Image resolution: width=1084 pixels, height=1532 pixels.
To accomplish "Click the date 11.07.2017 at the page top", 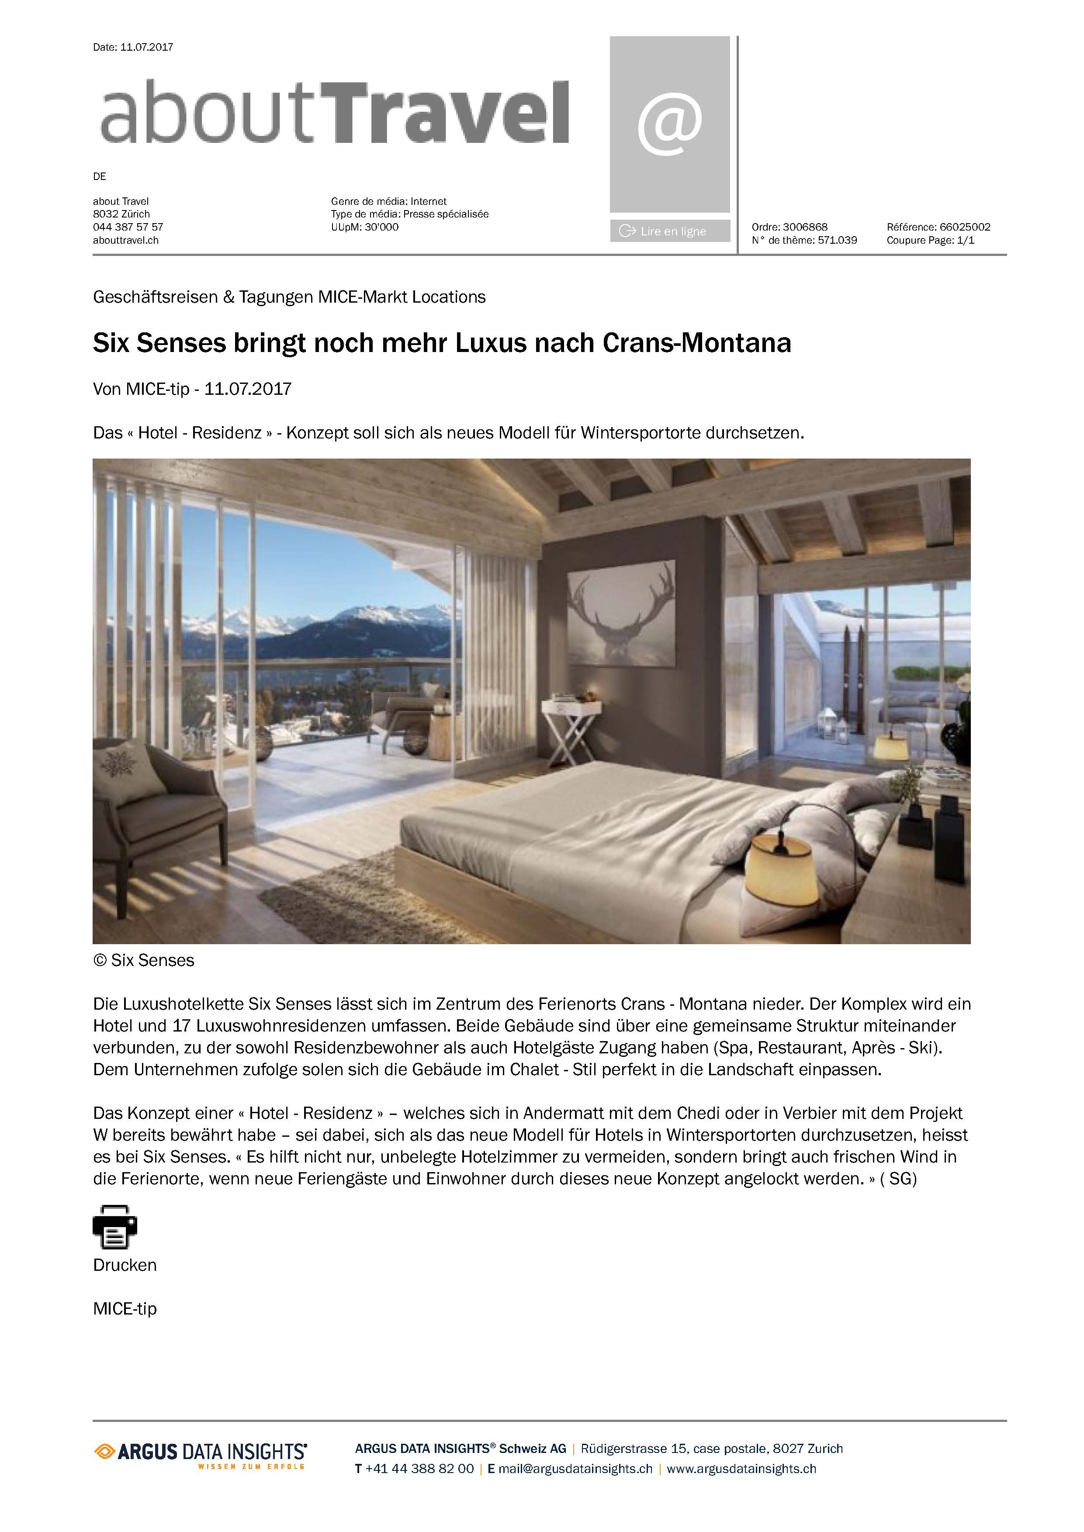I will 146,47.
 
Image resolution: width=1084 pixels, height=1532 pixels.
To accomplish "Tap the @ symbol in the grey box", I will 669,124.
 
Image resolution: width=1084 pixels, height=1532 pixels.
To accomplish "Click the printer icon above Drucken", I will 115,1226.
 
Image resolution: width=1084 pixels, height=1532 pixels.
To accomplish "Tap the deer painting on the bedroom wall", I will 621,613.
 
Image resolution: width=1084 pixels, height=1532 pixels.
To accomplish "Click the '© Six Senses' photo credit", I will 143,960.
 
